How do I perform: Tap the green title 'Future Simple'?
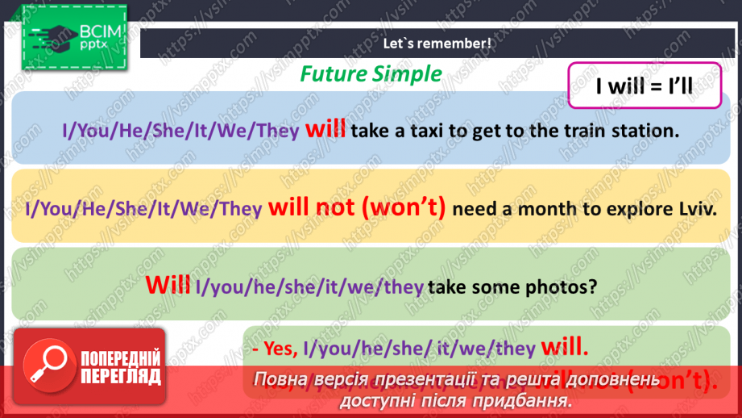(371, 74)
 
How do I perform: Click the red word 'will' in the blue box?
(325, 130)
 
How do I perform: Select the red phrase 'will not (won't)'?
(357, 208)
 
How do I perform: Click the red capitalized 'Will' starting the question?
(168, 285)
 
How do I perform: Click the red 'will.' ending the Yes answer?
(566, 348)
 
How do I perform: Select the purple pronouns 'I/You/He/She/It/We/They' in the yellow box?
(144, 209)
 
